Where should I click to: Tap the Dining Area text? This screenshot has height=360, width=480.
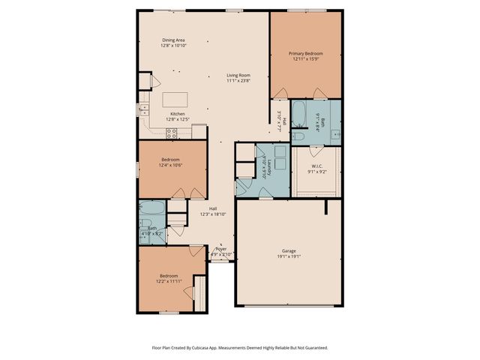[173, 40]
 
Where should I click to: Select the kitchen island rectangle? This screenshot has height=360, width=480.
[174, 98]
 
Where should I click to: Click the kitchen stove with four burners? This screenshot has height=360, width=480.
[172, 133]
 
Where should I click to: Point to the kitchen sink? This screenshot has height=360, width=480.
[142, 110]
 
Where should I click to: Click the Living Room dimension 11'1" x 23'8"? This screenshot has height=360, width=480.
[239, 81]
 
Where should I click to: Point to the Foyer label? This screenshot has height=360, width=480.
[220, 248]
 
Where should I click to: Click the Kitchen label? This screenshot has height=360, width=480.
[177, 114]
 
